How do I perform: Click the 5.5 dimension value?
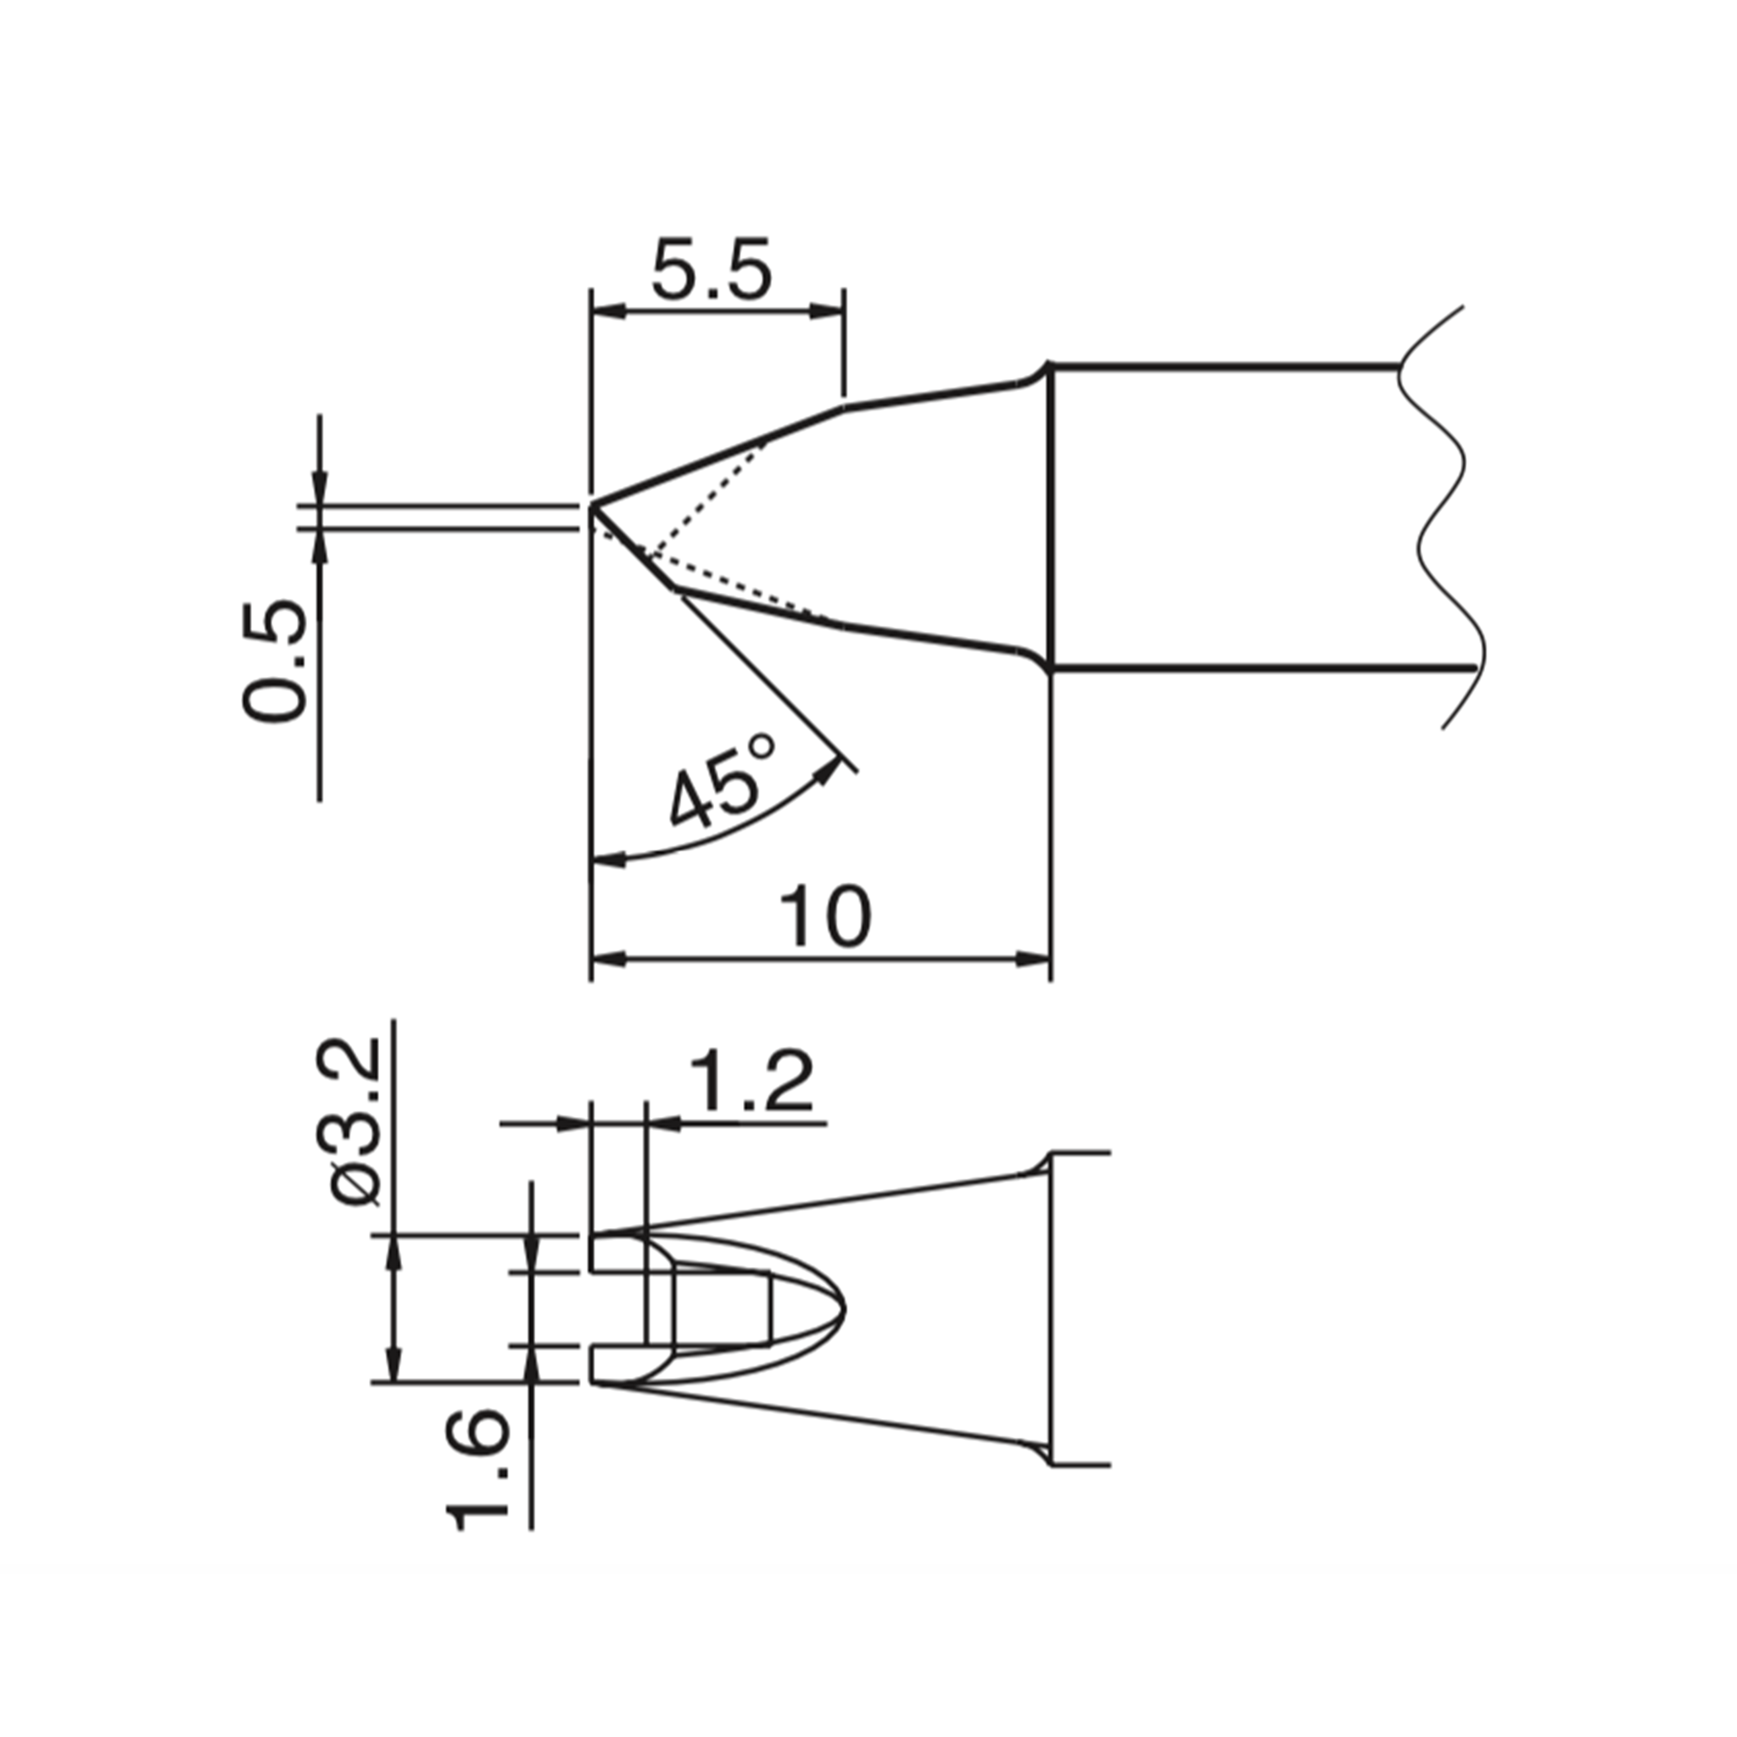coord(710,270)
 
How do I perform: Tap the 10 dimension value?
coord(824,917)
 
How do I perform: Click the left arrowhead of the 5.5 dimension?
coord(608,312)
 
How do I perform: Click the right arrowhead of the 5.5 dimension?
coord(827,312)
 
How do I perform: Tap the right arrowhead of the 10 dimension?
coord(1033,959)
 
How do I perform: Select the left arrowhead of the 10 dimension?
coord(608,959)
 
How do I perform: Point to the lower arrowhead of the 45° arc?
coord(608,862)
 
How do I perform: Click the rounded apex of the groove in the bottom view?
coord(843,1308)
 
